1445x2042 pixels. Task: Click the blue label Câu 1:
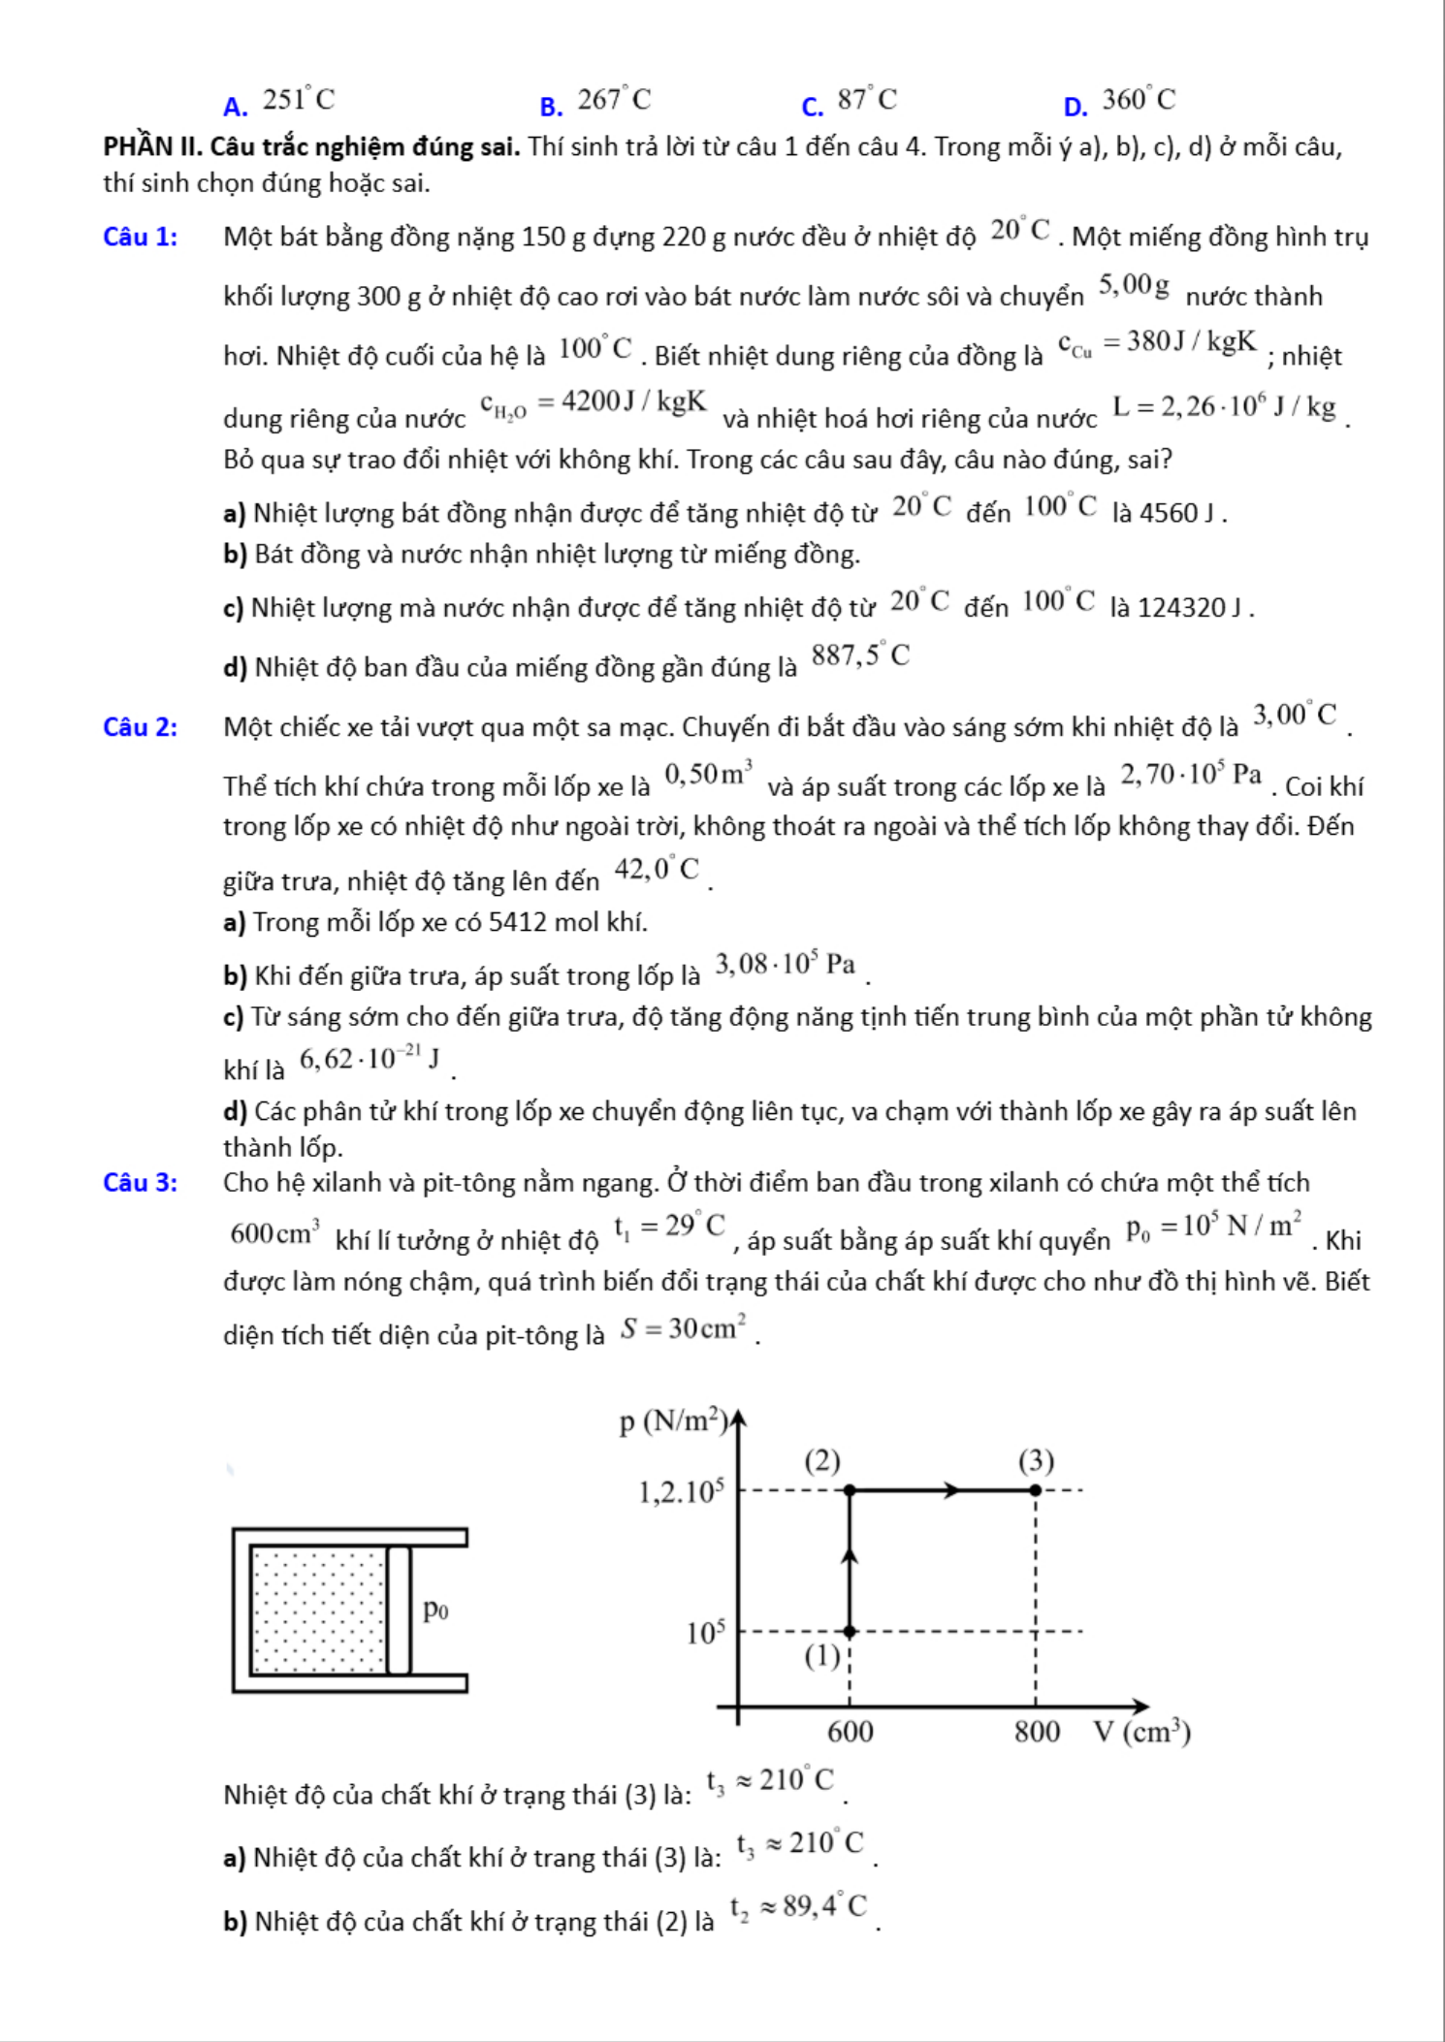[140, 238]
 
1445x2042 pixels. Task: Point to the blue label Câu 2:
[140, 727]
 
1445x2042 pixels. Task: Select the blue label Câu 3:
[140, 1183]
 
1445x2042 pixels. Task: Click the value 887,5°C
[860, 657]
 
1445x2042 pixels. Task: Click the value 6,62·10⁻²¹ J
[369, 1061]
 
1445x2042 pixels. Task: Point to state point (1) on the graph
[850, 1632]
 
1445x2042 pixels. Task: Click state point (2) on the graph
[850, 1490]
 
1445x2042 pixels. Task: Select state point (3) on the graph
[1035, 1490]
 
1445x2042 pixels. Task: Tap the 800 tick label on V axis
[1037, 1732]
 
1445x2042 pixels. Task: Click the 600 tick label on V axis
[851, 1732]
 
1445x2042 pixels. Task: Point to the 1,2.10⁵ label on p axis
[681, 1492]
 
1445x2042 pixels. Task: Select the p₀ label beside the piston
[435, 1610]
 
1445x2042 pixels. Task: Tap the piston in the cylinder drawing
[399, 1611]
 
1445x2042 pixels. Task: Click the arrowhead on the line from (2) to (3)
[953, 1490]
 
